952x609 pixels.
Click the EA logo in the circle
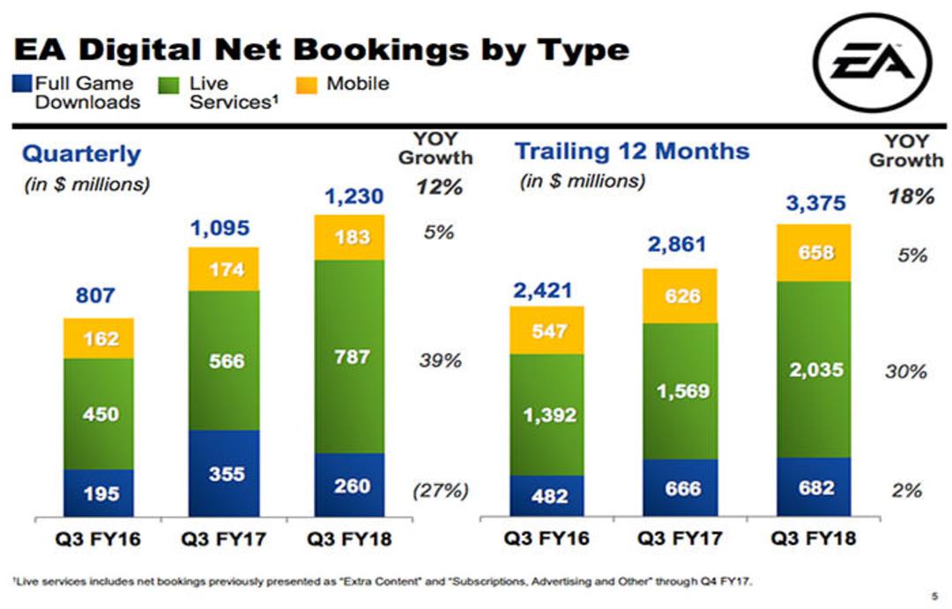click(x=873, y=63)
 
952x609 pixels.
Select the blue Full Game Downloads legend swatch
click(x=22, y=84)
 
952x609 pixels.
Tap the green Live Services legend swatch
click(x=168, y=85)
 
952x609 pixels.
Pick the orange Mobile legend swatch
click(x=307, y=85)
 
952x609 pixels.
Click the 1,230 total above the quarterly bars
click(x=354, y=197)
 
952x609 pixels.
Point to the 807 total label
click(x=95, y=295)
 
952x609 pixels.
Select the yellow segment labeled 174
click(x=224, y=269)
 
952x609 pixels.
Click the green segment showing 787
click(x=350, y=356)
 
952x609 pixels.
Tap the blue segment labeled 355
click(x=224, y=473)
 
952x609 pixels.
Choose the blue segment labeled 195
click(x=99, y=493)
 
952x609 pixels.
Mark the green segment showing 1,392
click(x=547, y=415)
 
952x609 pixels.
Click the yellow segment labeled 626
click(x=680, y=296)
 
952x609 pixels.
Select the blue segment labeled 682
click(x=814, y=487)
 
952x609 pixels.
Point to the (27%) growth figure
click(x=441, y=490)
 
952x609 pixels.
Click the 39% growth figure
click(x=441, y=360)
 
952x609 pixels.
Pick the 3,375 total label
click(x=816, y=203)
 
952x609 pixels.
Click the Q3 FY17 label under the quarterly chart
click(x=223, y=538)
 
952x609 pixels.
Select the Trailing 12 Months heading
click(x=632, y=151)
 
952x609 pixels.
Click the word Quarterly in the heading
click(x=81, y=154)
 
